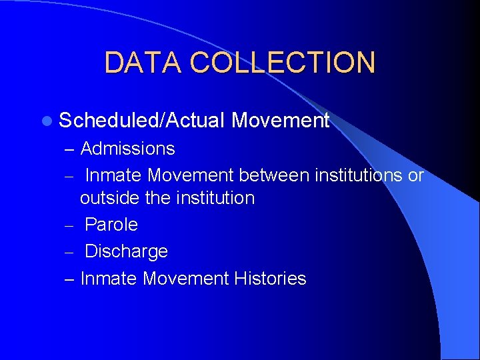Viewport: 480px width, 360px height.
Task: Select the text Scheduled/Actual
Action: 141,121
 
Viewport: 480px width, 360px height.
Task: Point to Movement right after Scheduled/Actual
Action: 280,121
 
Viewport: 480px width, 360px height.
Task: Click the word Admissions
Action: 127,149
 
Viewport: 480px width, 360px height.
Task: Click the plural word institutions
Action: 358,175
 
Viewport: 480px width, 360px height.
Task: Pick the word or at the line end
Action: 416,175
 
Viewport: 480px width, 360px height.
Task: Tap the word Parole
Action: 111,225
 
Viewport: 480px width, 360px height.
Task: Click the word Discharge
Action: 126,251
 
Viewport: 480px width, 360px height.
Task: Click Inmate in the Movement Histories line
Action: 109,279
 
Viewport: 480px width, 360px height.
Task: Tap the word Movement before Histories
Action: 186,279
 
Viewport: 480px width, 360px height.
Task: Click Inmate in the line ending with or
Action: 114,175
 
